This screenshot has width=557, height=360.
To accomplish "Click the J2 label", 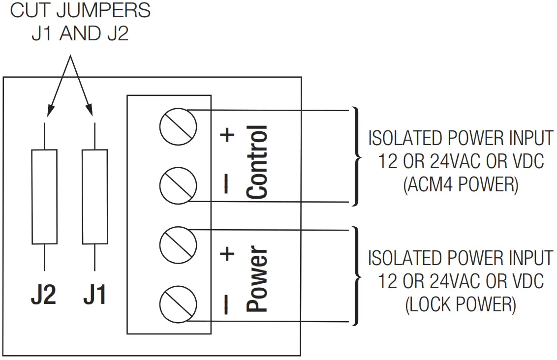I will [43, 295].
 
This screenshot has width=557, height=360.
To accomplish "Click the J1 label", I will [94, 295].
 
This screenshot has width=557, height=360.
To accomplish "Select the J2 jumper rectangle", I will [44, 197].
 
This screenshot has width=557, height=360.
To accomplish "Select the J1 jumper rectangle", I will [94, 197].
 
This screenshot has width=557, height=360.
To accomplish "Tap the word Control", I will [257, 162].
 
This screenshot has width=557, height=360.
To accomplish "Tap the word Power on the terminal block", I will [257, 279].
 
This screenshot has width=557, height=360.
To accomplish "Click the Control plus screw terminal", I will [178, 127].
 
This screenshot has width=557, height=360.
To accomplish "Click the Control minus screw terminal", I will [178, 185].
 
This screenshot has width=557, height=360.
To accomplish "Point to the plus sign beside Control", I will [227, 135].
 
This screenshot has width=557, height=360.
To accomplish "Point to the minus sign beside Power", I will [226, 304].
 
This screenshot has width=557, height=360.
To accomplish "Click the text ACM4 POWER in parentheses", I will [461, 185].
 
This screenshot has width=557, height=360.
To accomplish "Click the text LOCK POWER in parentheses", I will [461, 305].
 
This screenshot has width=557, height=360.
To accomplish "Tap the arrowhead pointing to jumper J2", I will [49, 111].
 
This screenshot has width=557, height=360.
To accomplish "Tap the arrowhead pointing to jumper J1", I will [91, 111].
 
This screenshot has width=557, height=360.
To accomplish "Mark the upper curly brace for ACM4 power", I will [356, 156].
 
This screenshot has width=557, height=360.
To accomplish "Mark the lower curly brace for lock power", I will [356, 275].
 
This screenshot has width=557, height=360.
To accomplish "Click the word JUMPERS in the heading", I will [103, 11].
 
